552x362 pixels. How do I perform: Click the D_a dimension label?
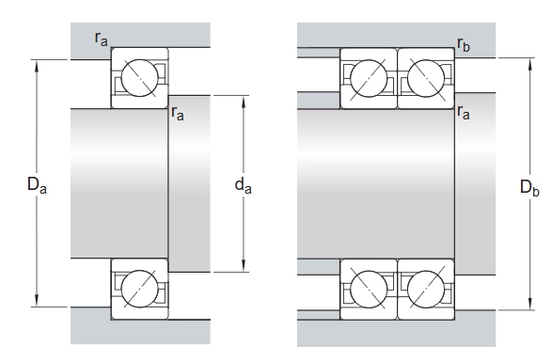[x=37, y=185]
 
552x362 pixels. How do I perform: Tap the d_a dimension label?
[x=244, y=185]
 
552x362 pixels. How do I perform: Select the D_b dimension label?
[x=529, y=187]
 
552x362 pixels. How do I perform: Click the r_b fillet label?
[x=464, y=44]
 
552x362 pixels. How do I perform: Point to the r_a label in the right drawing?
[x=464, y=113]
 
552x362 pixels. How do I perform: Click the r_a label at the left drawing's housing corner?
[x=101, y=39]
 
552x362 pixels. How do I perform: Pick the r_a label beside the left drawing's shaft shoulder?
[x=178, y=114]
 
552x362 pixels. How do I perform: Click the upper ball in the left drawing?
[x=140, y=78]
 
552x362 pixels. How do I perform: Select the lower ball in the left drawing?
[x=140, y=289]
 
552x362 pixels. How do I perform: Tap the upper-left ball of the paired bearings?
[x=369, y=78]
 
